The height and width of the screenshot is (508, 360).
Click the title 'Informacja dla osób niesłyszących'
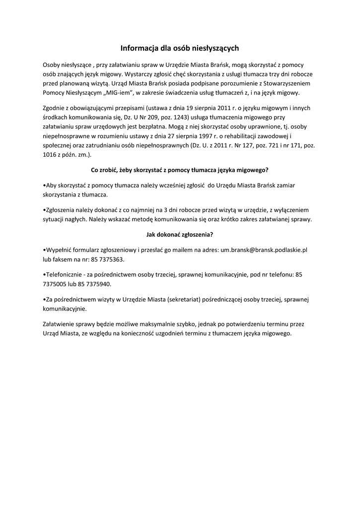[x=180, y=48]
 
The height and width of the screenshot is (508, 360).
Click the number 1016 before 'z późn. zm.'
[x=51, y=154]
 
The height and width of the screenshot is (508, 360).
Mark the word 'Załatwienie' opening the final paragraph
[x=60, y=324]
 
